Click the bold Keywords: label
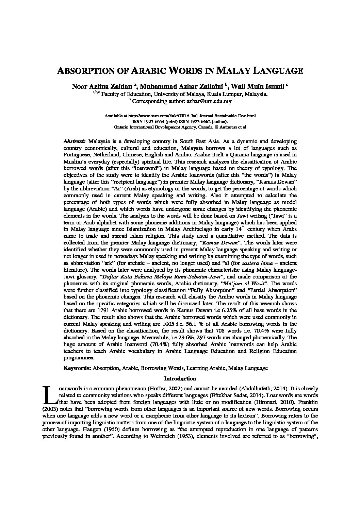tap(77, 368)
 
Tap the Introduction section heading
tap(180, 378)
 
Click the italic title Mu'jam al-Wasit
tap(245, 283)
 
